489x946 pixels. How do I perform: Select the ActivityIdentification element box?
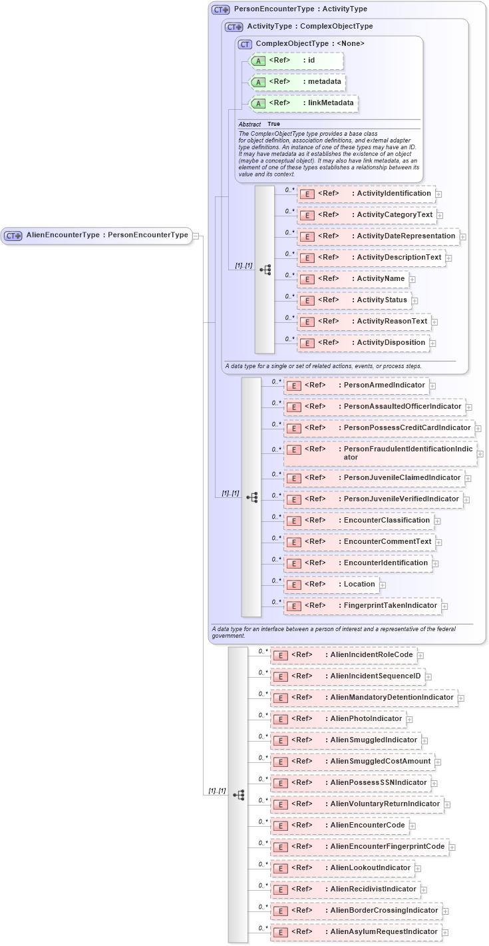[366, 194]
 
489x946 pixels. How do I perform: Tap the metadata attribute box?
[297, 82]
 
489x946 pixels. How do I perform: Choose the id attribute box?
[297, 61]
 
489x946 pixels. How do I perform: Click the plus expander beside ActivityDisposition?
[433, 344]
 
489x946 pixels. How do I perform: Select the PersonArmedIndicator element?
[355, 385]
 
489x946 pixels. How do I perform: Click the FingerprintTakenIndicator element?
[362, 606]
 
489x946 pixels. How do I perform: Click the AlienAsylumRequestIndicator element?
[355, 932]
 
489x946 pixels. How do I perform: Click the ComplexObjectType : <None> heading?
[309, 43]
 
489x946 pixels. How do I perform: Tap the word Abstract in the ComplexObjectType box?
[249, 124]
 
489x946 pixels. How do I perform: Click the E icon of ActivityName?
[307, 280]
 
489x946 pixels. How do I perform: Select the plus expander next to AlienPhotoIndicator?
[410, 720]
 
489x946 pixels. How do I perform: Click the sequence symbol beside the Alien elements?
[238, 795]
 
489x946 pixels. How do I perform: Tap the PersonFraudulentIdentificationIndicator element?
[380, 453]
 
